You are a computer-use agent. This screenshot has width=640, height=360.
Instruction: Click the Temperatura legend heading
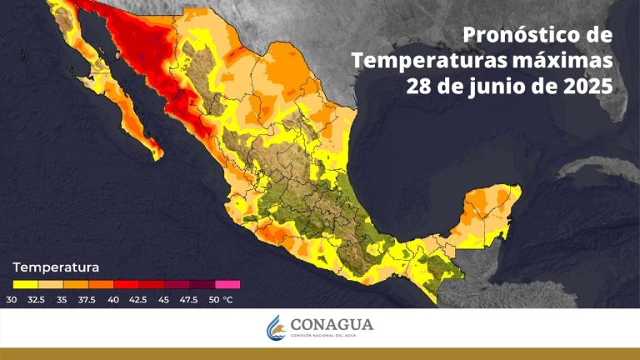coord(56,267)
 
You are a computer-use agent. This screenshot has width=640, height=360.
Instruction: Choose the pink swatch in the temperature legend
coord(227,285)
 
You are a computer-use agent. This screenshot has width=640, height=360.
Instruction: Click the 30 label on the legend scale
coord(12,299)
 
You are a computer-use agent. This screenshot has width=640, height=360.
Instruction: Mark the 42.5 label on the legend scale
coord(139,299)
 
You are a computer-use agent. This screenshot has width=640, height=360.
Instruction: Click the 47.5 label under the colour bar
coord(190,299)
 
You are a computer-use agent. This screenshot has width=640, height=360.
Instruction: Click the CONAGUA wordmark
coord(332,324)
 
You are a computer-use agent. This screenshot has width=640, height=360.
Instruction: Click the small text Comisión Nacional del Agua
coord(332,335)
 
